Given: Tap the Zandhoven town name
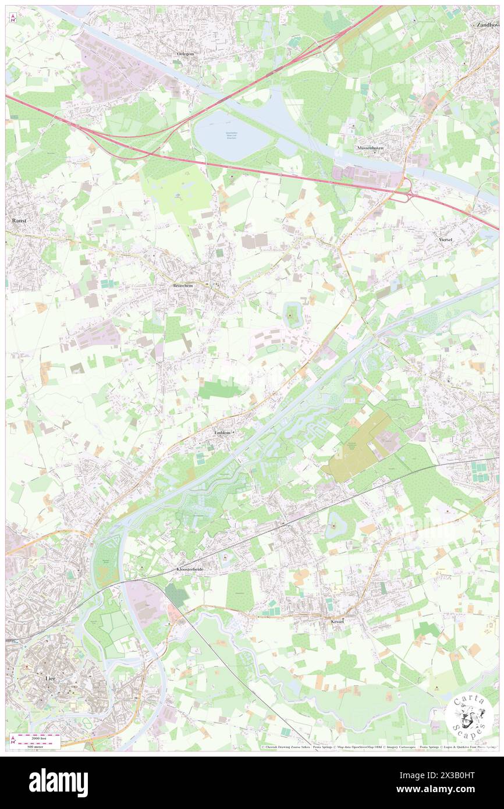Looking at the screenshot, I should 488,25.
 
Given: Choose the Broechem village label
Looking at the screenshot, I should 183,286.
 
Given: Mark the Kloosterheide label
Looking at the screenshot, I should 192,569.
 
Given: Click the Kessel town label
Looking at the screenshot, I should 335,622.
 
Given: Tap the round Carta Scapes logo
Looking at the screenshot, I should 470,715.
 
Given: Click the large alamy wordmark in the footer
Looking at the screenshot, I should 59,782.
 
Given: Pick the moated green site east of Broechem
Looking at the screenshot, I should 292,316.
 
